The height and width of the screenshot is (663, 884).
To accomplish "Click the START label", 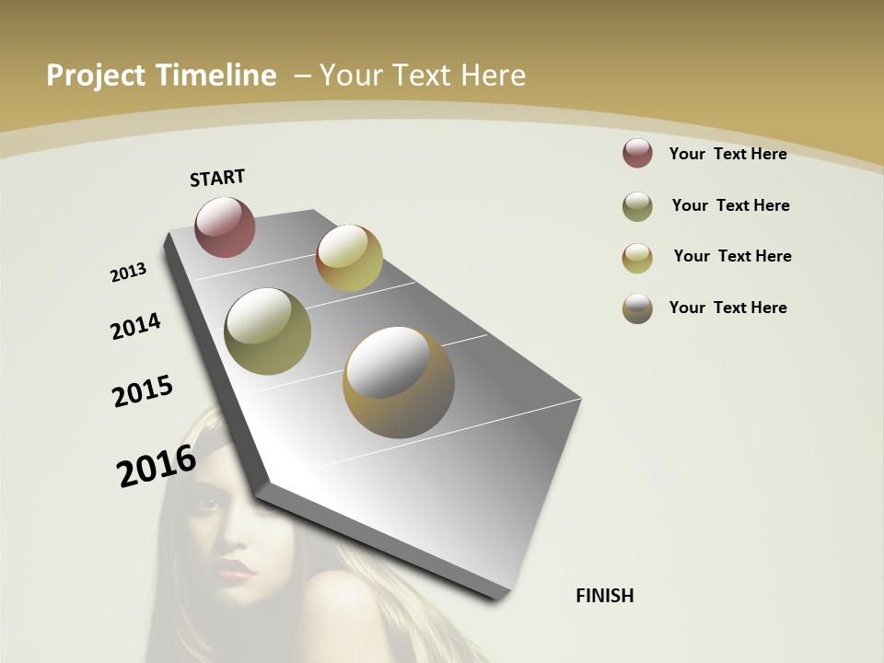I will tap(217, 178).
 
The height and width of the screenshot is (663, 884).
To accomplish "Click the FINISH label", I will tap(605, 596).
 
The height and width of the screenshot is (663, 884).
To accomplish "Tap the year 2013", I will tap(128, 273).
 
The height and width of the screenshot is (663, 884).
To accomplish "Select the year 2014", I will tap(136, 326).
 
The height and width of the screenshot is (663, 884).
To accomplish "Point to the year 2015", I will tap(143, 391).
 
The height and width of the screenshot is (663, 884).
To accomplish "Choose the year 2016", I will tap(157, 466).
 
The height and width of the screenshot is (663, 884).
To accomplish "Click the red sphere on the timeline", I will tap(226, 227).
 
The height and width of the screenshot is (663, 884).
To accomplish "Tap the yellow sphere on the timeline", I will tap(349, 258).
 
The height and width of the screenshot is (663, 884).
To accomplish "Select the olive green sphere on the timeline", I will tap(268, 331).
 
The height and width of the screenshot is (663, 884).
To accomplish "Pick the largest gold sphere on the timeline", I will tap(399, 382).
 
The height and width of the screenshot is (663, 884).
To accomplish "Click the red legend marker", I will tap(637, 153).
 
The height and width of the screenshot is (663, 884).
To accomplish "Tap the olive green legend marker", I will tap(637, 206).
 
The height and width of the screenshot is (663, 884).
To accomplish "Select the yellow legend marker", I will tap(637, 258).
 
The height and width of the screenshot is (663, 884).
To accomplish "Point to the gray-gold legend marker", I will tap(637, 308).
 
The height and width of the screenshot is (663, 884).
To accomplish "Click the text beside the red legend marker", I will tap(727, 154).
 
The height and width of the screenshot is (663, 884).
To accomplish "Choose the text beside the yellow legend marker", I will tap(732, 256).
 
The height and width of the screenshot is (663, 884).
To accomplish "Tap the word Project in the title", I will tap(95, 76).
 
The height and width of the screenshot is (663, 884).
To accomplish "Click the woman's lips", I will tap(237, 571).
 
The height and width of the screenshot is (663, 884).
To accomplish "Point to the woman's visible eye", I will tap(210, 503).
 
